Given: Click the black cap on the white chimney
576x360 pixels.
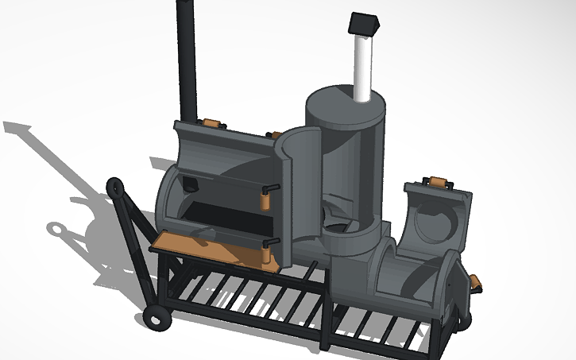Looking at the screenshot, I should (x=362, y=25).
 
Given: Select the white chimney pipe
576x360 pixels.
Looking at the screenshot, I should (x=361, y=68).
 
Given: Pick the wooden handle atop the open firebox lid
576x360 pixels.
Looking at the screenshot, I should (x=436, y=182).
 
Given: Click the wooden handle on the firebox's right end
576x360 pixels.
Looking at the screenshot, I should (x=476, y=282).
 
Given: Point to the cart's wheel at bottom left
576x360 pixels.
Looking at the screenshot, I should (x=156, y=319).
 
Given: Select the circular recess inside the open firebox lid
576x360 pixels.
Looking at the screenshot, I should (x=433, y=219).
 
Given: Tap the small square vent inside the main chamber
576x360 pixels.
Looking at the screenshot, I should (x=191, y=185).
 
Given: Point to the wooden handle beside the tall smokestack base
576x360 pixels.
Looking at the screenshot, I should (x=211, y=122).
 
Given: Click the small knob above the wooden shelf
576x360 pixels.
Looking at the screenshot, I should (x=209, y=231).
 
